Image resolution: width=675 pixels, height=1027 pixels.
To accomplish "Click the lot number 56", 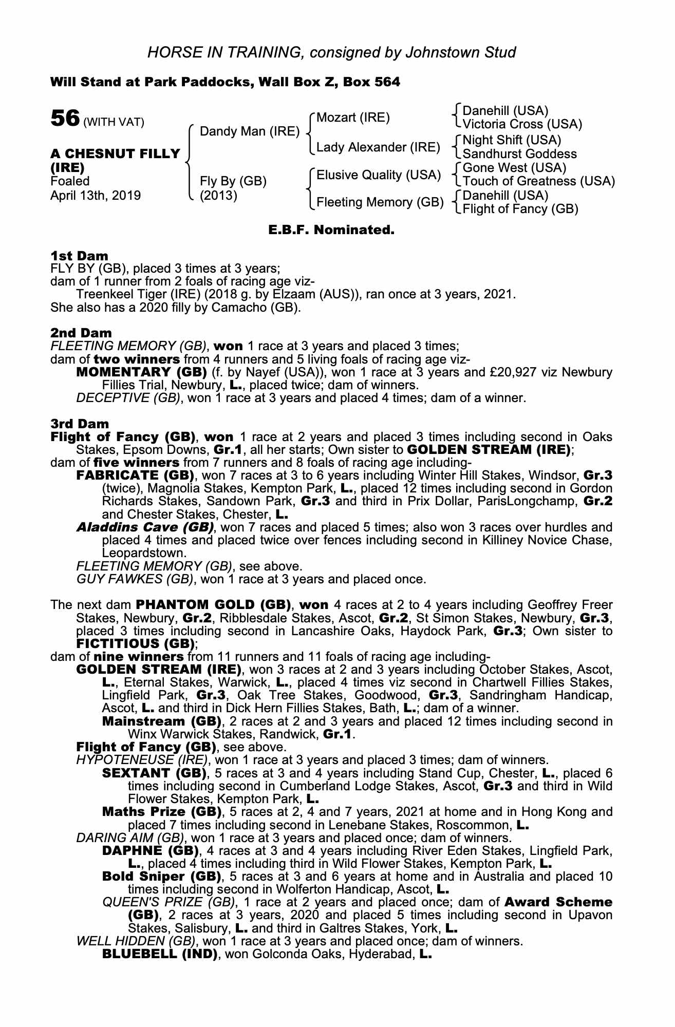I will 64,119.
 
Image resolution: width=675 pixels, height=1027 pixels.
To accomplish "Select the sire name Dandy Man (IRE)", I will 249,131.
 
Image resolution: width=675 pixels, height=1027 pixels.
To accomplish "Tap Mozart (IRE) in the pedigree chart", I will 353,118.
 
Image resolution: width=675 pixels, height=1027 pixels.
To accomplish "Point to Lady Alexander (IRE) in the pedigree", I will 378,148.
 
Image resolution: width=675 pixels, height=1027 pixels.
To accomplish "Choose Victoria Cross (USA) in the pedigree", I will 522,124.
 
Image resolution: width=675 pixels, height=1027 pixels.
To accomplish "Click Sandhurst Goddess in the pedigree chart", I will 519,154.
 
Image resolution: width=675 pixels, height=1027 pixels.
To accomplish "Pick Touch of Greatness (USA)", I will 538,181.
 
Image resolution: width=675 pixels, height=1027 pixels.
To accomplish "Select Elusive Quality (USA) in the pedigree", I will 379,175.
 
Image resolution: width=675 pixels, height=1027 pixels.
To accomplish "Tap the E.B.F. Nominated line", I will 331,230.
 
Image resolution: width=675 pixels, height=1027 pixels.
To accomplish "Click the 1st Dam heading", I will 79,256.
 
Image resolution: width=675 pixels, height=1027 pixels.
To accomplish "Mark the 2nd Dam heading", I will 81,333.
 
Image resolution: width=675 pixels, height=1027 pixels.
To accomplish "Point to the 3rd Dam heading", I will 80,424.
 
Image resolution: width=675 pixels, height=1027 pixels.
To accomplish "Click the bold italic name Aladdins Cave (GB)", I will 145,527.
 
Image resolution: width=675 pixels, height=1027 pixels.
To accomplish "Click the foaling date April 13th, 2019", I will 96,196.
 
